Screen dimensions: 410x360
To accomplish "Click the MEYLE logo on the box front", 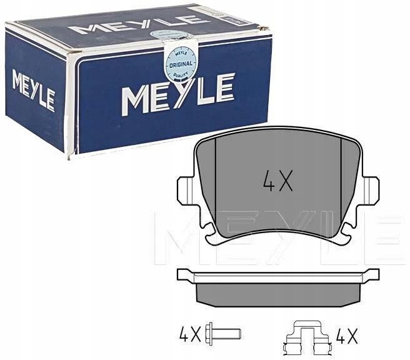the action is (177, 94).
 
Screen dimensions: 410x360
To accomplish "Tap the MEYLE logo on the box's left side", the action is (34, 90).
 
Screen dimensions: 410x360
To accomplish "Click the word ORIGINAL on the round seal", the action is (181, 64).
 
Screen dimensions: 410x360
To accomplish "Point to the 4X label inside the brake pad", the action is (277, 181).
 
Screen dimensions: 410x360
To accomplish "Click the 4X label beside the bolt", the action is (190, 334).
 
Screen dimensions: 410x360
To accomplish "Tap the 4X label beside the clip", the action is (347, 336).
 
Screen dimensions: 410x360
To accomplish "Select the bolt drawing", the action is (223, 334).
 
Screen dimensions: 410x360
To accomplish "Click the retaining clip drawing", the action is (307, 337).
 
